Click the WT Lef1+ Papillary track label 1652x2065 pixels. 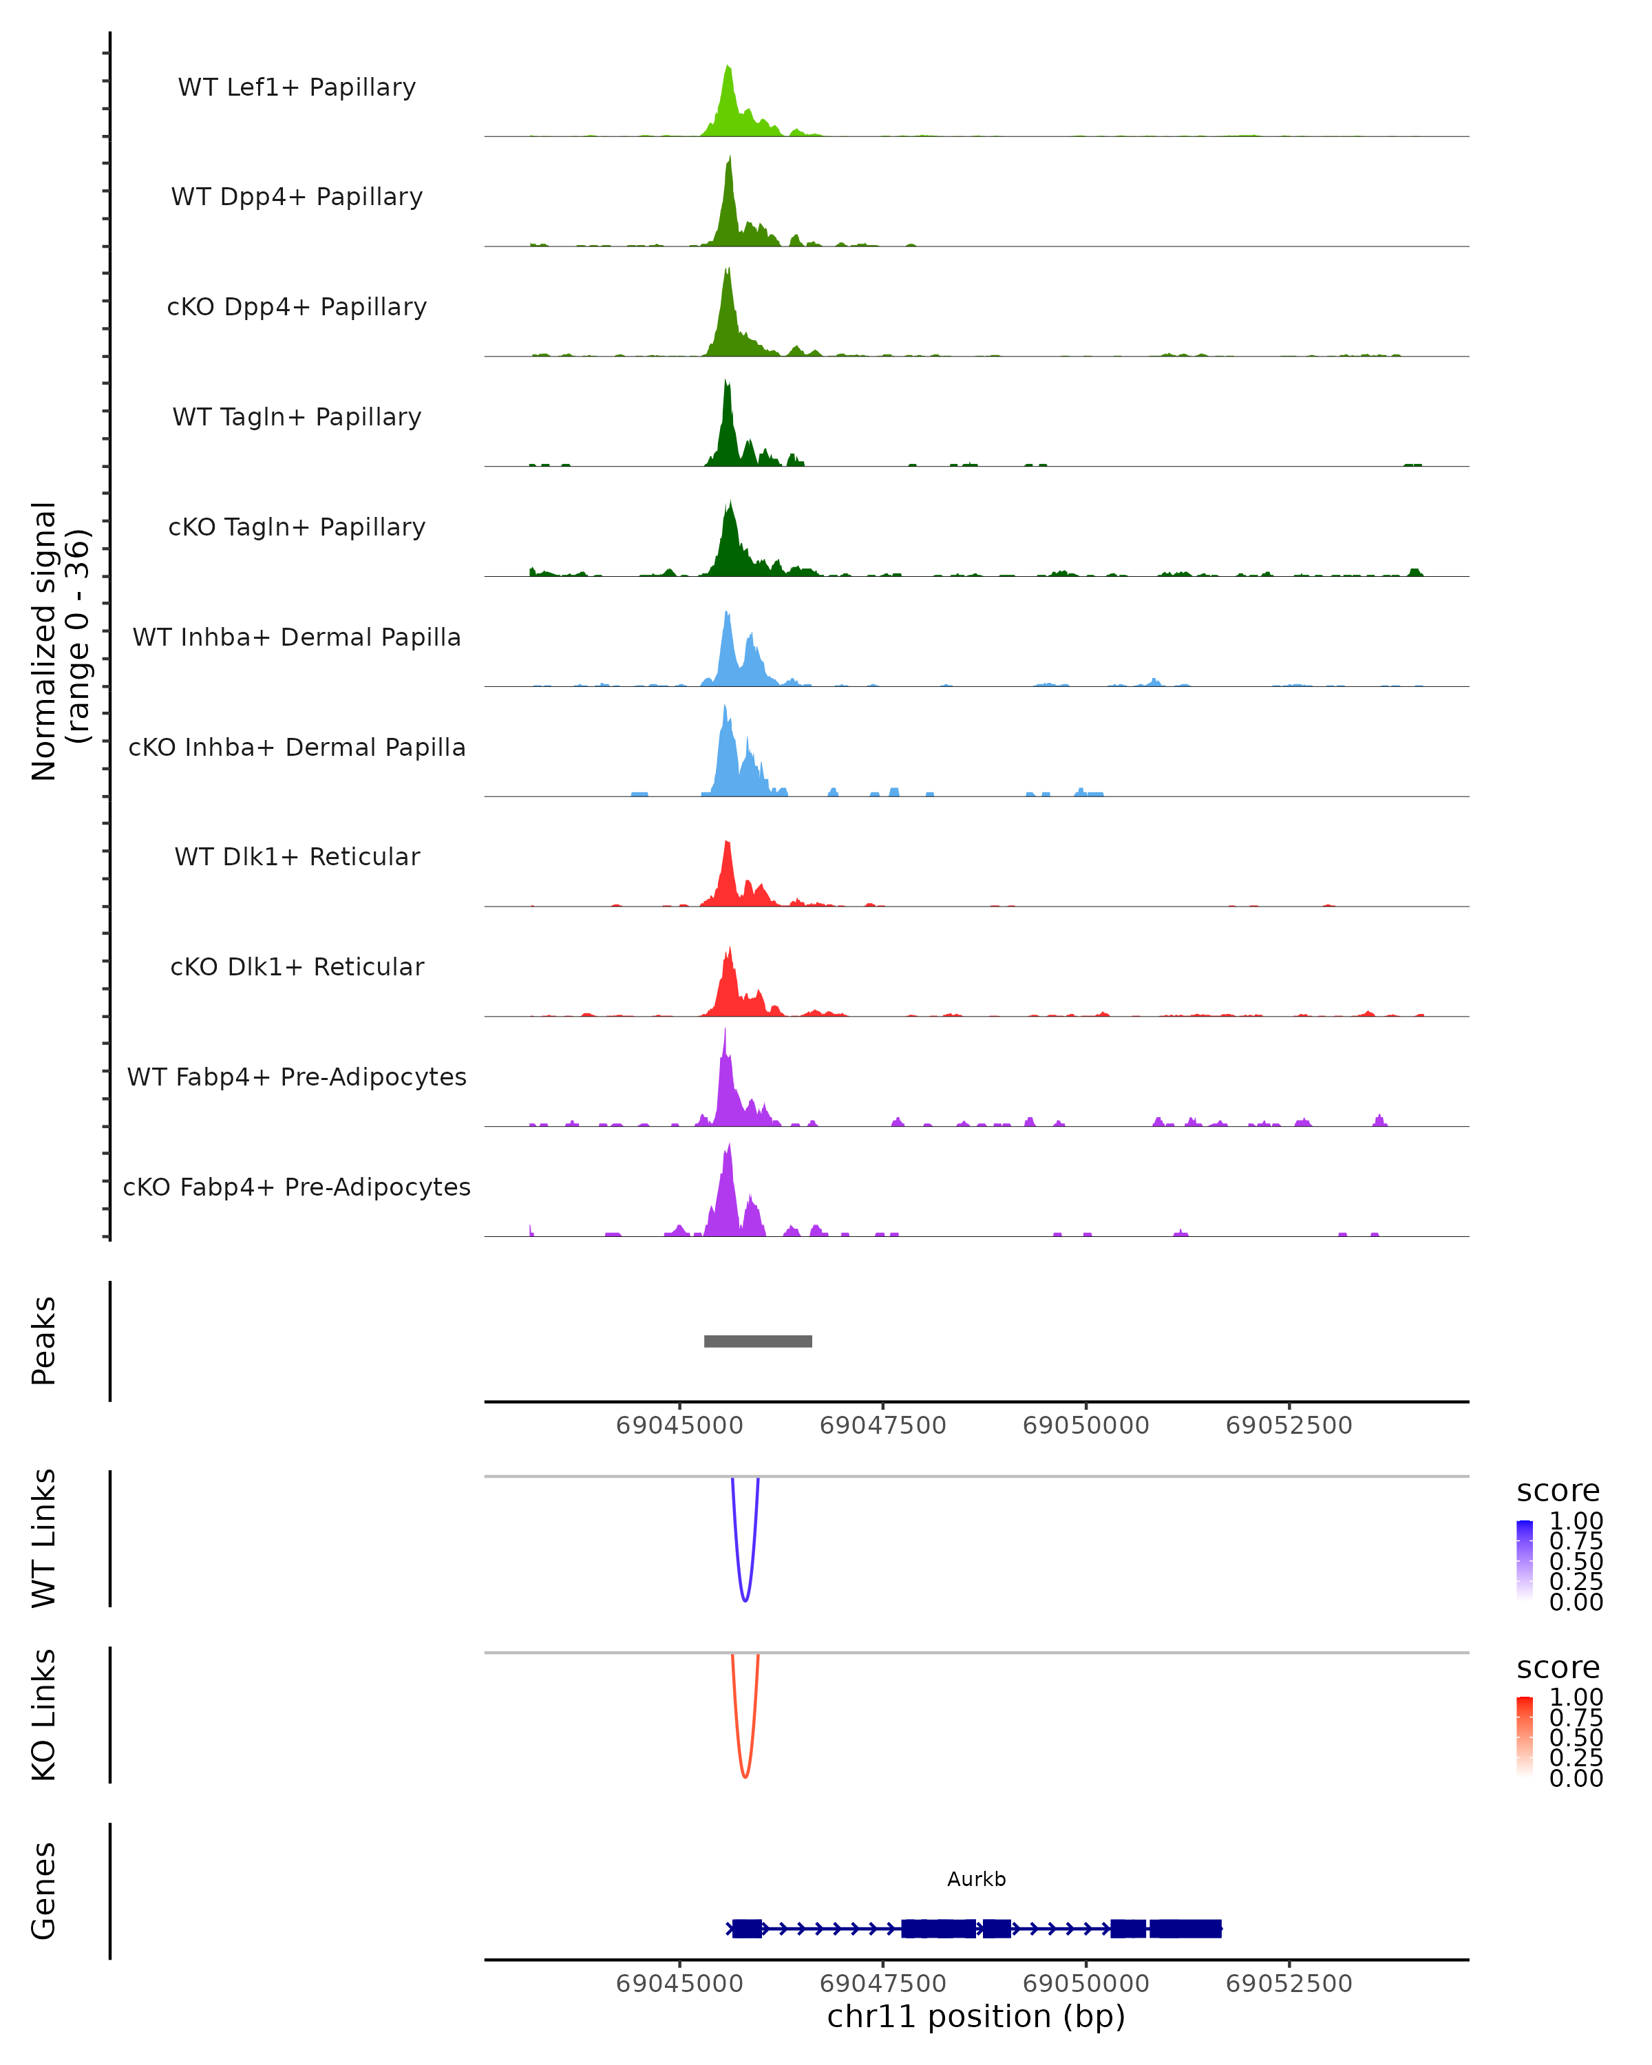tap(297, 87)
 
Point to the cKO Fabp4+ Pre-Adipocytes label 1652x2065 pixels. tap(297, 1187)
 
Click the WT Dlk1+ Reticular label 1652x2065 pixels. tap(297, 856)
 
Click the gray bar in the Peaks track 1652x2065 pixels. tap(758, 1341)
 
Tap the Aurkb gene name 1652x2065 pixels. tap(976, 1879)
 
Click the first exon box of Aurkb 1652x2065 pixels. tap(747, 1928)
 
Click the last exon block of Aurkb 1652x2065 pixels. tap(1185, 1928)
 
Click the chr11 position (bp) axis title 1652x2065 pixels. tap(976, 2016)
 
